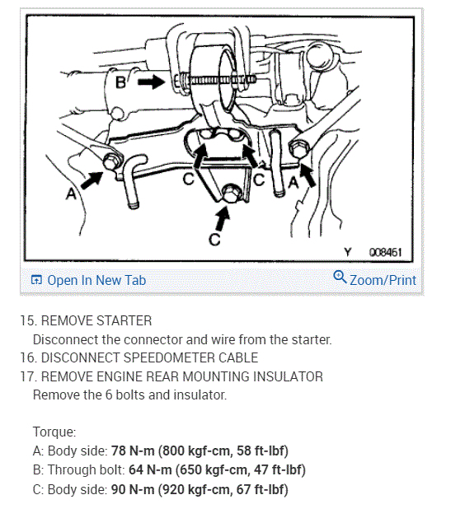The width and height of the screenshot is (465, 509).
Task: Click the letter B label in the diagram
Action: pyautogui.click(x=120, y=82)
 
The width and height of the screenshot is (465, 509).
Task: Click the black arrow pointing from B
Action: pyautogui.click(x=152, y=82)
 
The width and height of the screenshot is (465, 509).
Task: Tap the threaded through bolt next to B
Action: pyautogui.click(x=214, y=80)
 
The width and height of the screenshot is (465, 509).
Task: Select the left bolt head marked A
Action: pyautogui.click(x=111, y=161)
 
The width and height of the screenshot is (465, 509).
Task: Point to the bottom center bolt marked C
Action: pyautogui.click(x=232, y=193)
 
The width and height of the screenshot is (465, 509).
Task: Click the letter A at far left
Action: pyautogui.click(x=71, y=194)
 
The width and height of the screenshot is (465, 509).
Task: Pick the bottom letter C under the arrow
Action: pyautogui.click(x=214, y=240)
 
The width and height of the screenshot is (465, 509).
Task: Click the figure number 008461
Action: pyautogui.click(x=385, y=252)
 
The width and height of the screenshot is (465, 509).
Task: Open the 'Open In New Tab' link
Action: pyautogui.click(x=88, y=280)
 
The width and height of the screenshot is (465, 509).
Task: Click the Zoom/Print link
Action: pyautogui.click(x=383, y=280)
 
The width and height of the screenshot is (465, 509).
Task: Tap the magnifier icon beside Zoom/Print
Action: pyautogui.click(x=340, y=277)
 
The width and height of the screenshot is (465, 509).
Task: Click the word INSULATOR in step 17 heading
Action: pyautogui.click(x=288, y=376)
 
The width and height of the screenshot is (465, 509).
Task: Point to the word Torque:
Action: pyautogui.click(x=54, y=432)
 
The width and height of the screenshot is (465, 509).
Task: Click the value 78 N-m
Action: pyautogui.click(x=133, y=451)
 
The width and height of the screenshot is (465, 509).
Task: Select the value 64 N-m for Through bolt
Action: pyautogui.click(x=150, y=469)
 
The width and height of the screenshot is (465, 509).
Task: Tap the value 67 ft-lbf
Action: pyautogui.click(x=262, y=489)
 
